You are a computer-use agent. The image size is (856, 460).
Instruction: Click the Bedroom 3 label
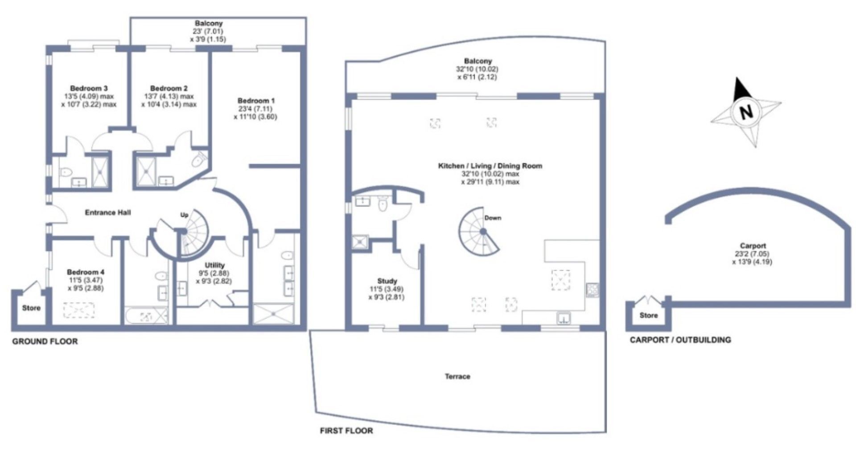(x=89, y=88)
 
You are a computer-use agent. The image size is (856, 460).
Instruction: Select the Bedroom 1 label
(x=256, y=100)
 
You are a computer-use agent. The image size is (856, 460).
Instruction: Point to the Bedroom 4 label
(x=86, y=272)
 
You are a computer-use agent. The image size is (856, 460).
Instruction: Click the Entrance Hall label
(x=108, y=212)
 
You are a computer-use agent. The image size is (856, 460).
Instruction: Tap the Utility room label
(x=214, y=265)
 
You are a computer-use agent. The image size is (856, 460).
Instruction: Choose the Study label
(x=387, y=281)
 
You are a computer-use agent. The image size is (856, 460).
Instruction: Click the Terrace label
(x=457, y=376)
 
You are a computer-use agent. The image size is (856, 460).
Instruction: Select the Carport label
(x=753, y=245)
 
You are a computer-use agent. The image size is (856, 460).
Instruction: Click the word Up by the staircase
(x=184, y=215)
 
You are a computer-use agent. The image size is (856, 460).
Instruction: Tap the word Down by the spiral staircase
(x=493, y=218)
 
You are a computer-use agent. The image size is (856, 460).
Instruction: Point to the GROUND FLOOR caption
(x=45, y=342)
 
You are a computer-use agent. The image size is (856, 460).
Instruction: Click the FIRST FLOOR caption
(x=346, y=431)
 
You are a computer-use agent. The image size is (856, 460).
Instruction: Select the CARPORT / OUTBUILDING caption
(x=680, y=340)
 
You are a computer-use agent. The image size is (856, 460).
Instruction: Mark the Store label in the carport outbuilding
(x=649, y=315)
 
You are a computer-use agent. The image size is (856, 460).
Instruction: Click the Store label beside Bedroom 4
(x=31, y=308)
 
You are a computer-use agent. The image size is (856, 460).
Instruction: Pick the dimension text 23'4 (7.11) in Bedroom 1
(x=255, y=109)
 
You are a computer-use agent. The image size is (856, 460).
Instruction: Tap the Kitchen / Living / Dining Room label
(x=490, y=166)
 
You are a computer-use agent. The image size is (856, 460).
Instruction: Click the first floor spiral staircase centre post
(x=483, y=231)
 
